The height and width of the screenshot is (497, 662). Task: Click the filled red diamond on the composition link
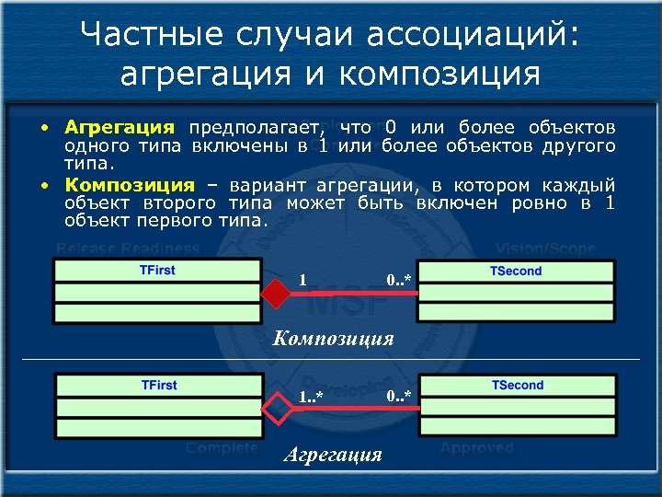pos(275,294)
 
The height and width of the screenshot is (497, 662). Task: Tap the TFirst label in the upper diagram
pos(157,270)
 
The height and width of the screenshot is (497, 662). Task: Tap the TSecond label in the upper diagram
pos(517,271)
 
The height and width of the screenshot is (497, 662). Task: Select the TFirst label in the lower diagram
pos(159,385)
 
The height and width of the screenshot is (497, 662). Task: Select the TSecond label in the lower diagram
pos(518,385)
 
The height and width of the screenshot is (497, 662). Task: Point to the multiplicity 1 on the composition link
pos(303,279)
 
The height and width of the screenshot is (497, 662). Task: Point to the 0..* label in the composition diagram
pos(398,279)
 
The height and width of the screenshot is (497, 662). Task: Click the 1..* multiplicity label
pos(311,397)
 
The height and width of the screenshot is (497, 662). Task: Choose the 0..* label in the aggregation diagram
pos(399,396)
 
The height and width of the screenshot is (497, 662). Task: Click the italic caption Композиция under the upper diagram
pos(334,338)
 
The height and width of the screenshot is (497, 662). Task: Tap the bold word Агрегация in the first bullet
pos(120,127)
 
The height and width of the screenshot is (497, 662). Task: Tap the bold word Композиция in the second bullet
pos(130,184)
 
